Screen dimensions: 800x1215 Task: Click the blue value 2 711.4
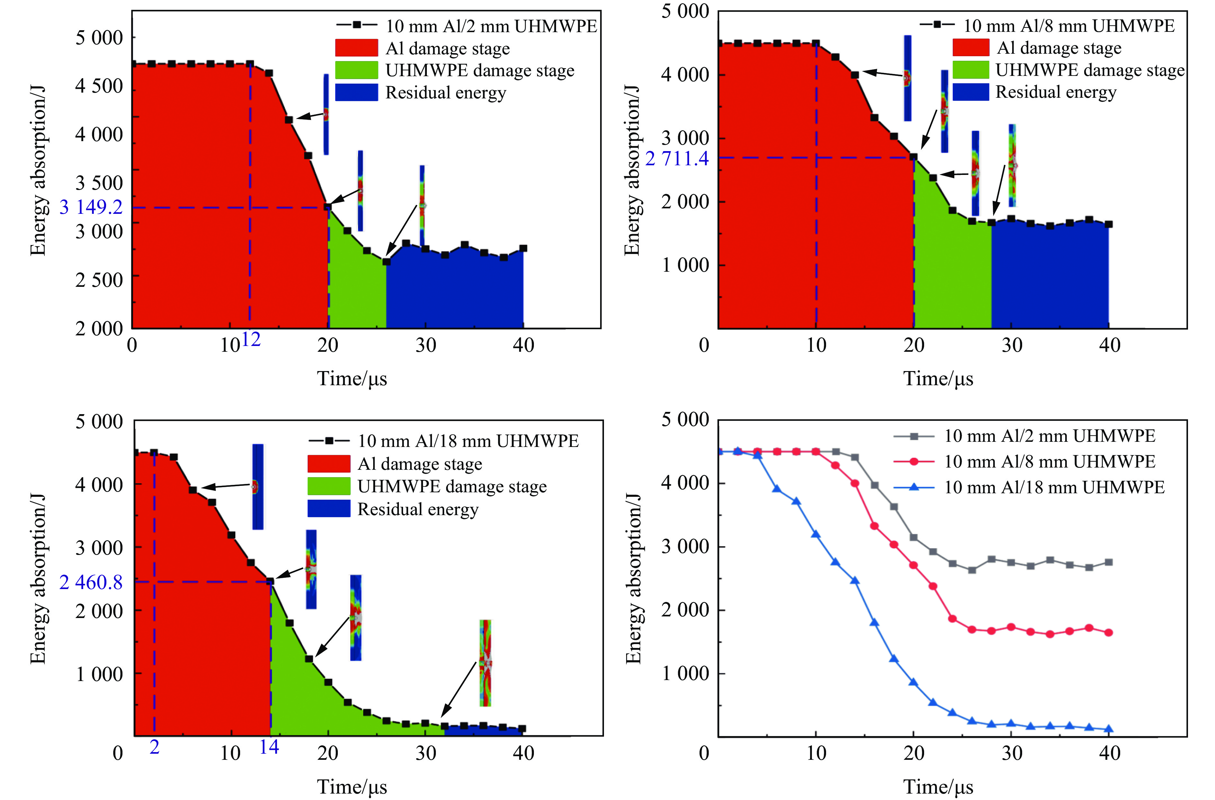[x=677, y=159]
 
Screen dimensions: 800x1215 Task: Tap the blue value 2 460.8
[x=91, y=582]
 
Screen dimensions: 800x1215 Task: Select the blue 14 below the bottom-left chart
[x=269, y=747]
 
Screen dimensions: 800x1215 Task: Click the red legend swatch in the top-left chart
[x=356, y=48]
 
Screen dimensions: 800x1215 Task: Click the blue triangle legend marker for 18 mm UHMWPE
[x=914, y=487]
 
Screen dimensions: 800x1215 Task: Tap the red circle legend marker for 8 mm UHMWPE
[x=914, y=461]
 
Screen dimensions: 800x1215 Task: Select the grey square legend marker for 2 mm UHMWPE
[x=914, y=436]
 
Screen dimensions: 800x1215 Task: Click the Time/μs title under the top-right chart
[x=938, y=379]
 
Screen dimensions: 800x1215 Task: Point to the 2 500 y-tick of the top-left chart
[x=99, y=280]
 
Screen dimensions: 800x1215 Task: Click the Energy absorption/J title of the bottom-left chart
[x=38, y=579]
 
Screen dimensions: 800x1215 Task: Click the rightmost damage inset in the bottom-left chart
[x=485, y=663]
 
